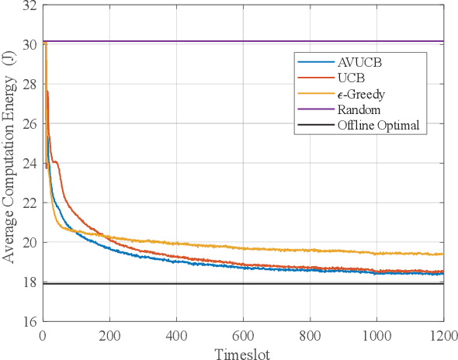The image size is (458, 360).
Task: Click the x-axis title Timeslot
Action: (x=243, y=351)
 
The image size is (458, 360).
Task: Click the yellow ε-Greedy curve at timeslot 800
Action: (x=311, y=250)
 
